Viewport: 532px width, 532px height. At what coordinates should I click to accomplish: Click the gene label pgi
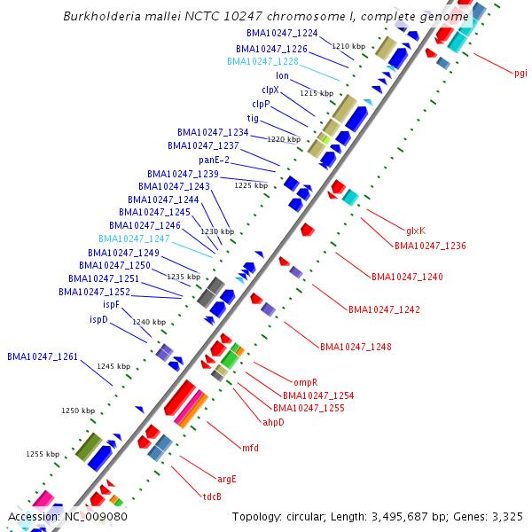(520, 74)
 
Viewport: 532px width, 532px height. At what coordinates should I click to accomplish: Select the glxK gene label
(416, 230)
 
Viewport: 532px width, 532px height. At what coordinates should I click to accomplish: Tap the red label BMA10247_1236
(430, 246)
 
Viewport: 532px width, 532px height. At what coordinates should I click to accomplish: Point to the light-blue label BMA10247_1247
(134, 239)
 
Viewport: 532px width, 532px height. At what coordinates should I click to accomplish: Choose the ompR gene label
(293, 382)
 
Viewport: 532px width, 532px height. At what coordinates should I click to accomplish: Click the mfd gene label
(250, 448)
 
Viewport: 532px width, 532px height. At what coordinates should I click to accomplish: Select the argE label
(226, 479)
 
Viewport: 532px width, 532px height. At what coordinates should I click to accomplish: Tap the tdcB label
(212, 497)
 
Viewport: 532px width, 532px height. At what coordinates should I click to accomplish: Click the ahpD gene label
(273, 422)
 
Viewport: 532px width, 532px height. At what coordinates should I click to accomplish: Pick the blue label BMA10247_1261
(43, 356)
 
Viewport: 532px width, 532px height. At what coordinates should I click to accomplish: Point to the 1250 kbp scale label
(77, 411)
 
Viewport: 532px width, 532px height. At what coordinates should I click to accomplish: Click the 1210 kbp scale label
(348, 45)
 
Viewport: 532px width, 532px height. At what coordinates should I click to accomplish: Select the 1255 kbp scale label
(42, 453)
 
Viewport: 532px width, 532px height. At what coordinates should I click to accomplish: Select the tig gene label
(253, 118)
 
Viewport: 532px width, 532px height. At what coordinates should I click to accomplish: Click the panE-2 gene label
(214, 160)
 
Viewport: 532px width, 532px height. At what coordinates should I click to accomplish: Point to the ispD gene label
(98, 318)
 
